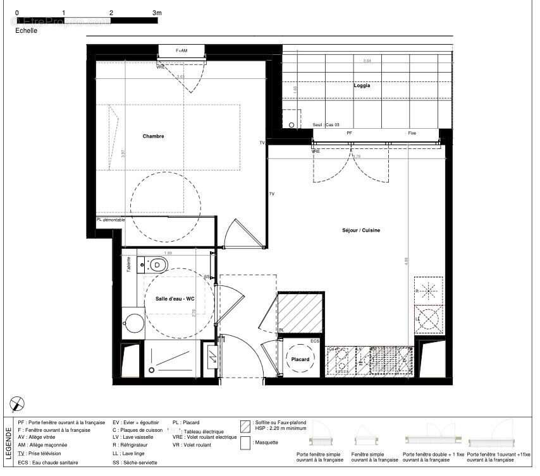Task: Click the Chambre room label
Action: click(x=153, y=136)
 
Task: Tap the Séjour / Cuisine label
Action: click(x=360, y=231)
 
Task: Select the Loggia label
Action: click(x=362, y=86)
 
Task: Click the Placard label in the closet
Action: click(x=300, y=360)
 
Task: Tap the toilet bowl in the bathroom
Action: click(x=157, y=264)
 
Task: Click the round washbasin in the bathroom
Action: click(x=133, y=323)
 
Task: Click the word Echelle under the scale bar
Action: click(x=26, y=30)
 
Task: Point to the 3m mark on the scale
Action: click(x=157, y=13)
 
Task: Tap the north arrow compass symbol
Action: click(x=18, y=403)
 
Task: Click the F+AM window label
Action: click(x=181, y=51)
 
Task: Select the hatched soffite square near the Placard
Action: click(x=301, y=312)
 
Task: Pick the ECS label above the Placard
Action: click(x=314, y=342)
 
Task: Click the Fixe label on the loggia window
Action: click(x=412, y=133)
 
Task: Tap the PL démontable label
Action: click(x=111, y=220)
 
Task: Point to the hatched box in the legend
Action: click(x=245, y=424)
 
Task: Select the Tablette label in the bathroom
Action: click(x=129, y=263)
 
